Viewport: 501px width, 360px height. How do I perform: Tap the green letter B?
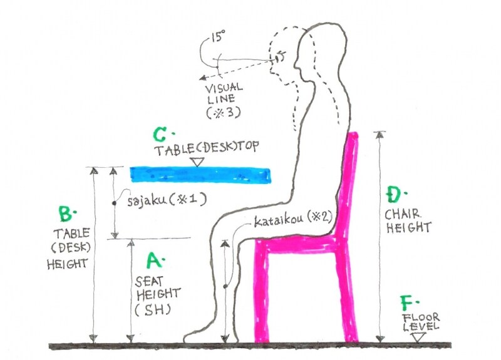click(x=66, y=213)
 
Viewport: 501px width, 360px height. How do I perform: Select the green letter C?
click(x=159, y=135)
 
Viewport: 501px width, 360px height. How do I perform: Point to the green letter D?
click(x=393, y=195)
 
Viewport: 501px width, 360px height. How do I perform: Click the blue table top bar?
click(x=200, y=175)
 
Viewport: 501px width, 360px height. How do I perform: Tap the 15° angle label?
click(x=218, y=36)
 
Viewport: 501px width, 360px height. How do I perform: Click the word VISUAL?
click(x=224, y=88)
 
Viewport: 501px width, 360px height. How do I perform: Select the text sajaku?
click(x=147, y=201)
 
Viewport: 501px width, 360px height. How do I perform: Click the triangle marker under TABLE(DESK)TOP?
click(x=198, y=162)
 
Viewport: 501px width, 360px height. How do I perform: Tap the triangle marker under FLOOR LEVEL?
click(x=418, y=337)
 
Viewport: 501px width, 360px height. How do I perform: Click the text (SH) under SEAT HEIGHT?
click(x=152, y=309)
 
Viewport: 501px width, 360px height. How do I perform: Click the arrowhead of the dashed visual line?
click(x=202, y=78)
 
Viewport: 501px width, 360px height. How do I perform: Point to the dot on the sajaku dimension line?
click(x=114, y=203)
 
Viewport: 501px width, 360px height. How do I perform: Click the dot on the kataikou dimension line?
click(x=225, y=286)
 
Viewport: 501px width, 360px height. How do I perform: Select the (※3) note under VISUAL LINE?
click(x=223, y=113)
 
